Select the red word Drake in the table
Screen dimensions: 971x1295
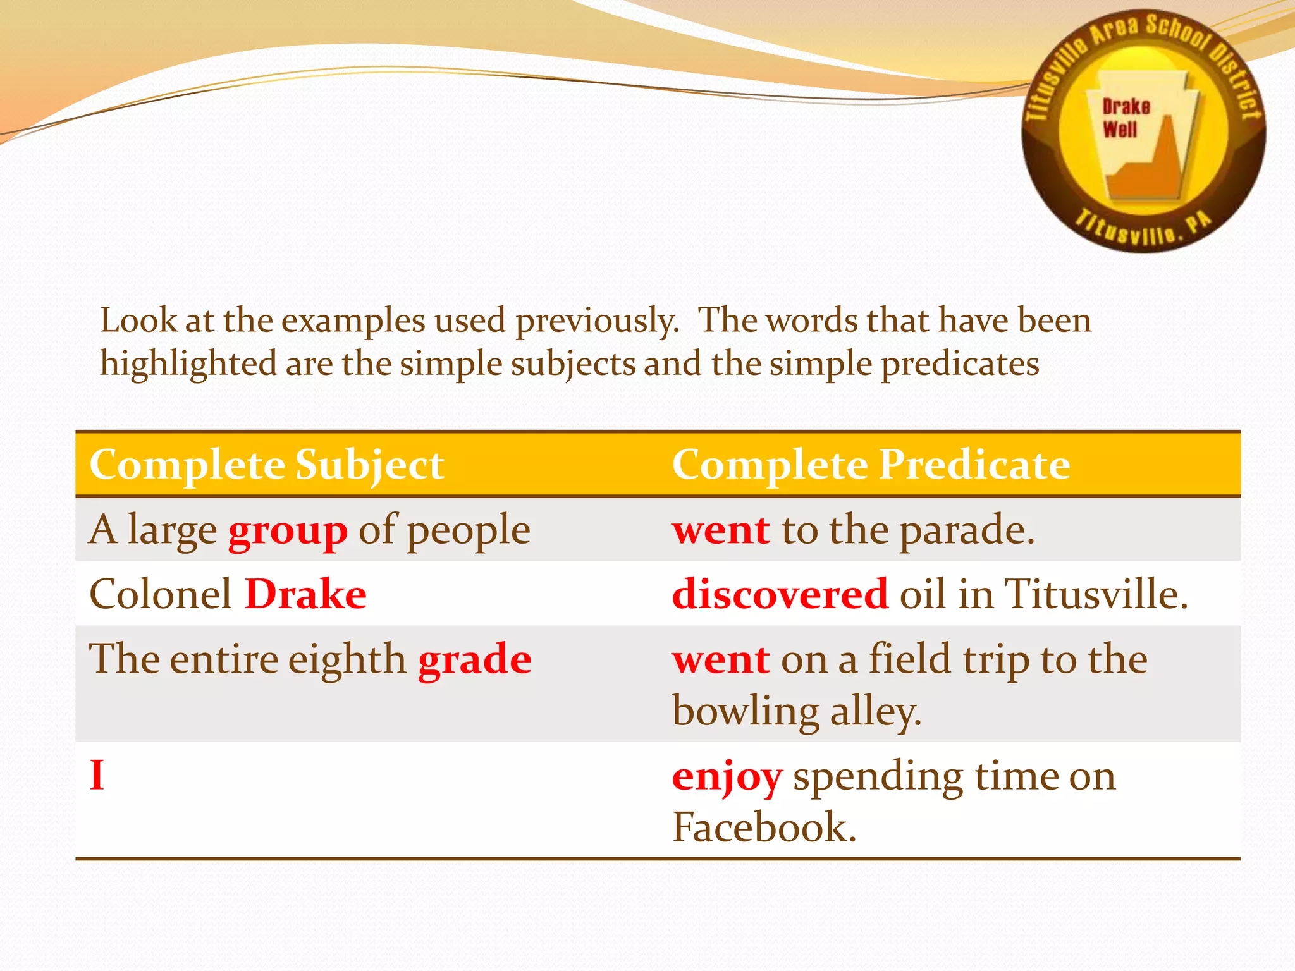(x=305, y=594)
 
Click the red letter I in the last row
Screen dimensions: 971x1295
(x=97, y=775)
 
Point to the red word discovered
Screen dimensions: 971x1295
(x=780, y=594)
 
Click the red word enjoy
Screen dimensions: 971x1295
(x=727, y=778)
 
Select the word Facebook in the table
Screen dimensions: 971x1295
(x=763, y=827)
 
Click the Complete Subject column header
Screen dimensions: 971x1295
(x=266, y=465)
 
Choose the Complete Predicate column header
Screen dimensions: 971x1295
(x=870, y=465)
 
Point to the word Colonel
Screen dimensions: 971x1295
(x=161, y=594)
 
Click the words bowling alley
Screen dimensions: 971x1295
(x=796, y=712)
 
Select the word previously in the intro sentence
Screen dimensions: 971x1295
(x=596, y=321)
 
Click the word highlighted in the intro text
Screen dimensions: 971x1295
(x=188, y=365)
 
